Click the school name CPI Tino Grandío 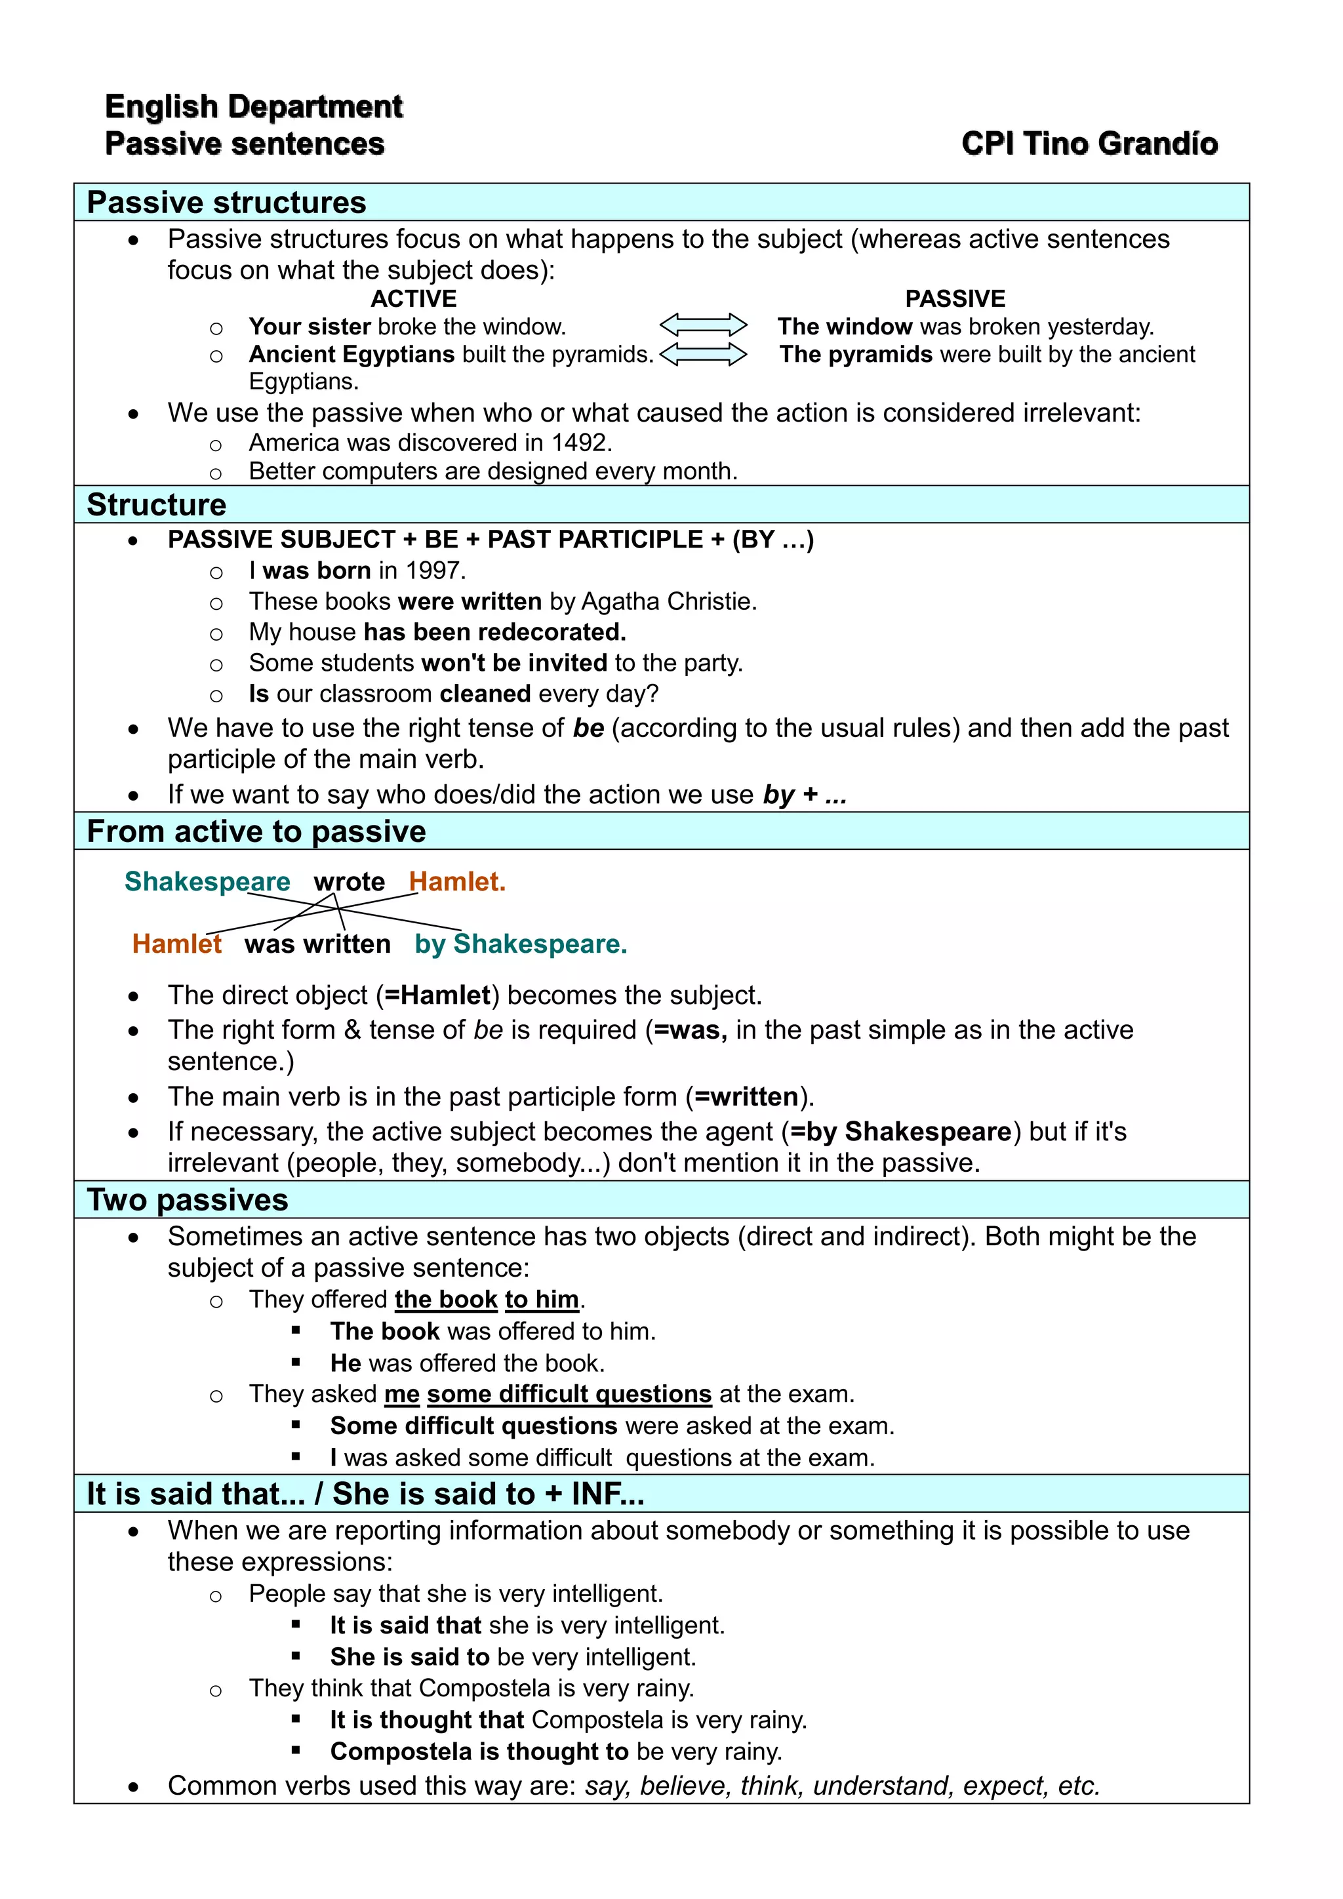(1089, 144)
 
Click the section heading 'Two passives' (188, 1199)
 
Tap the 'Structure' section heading (156, 504)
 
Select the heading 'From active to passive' (256, 831)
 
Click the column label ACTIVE (414, 298)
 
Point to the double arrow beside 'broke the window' (703, 325)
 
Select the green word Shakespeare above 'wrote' (207, 882)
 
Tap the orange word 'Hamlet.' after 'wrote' (456, 882)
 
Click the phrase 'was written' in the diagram (317, 944)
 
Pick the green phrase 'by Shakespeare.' (520, 944)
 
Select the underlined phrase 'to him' (542, 1300)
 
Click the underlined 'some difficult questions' (569, 1395)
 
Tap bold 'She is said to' (409, 1656)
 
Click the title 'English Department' (253, 107)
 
